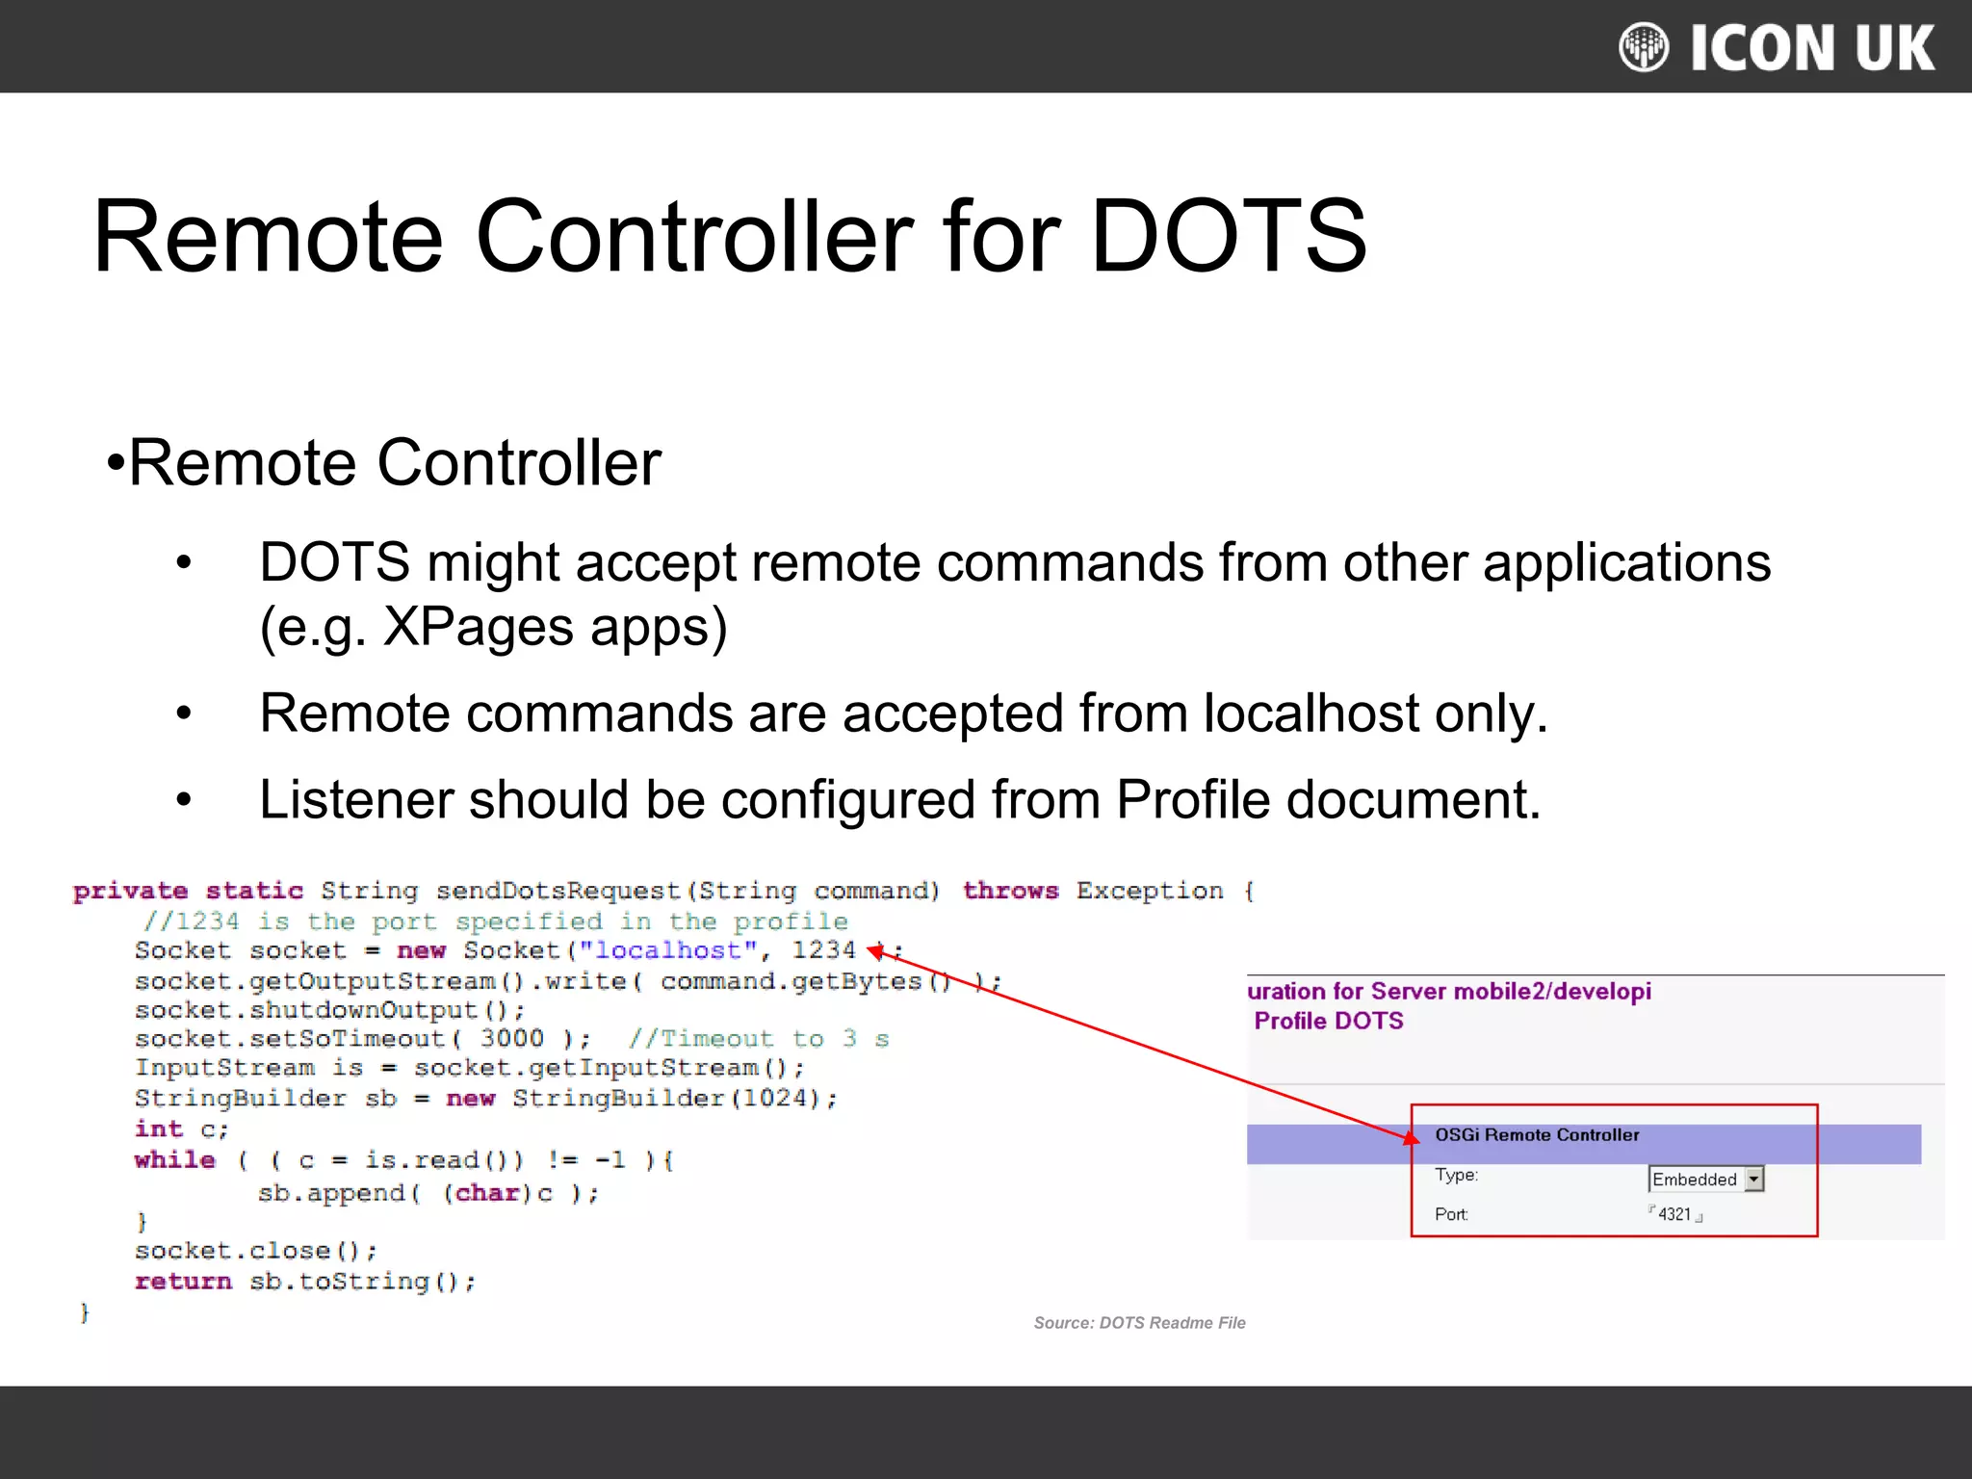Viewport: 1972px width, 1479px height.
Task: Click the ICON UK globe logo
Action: click(x=1644, y=47)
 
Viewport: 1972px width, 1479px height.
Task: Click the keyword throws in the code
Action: click(x=1010, y=891)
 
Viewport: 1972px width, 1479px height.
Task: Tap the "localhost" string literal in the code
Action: click(x=667, y=950)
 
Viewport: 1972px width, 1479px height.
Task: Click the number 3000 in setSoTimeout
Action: click(x=511, y=1038)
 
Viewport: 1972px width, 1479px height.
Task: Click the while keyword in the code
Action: click(x=175, y=1159)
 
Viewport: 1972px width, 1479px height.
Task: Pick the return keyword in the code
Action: click(x=183, y=1281)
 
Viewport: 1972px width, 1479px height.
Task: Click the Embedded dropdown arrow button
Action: click(x=1753, y=1179)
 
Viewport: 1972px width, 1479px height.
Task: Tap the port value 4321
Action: click(x=1674, y=1214)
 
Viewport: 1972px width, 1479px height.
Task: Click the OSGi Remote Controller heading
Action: click(x=1537, y=1134)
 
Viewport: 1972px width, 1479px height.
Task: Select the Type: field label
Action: click(x=1456, y=1175)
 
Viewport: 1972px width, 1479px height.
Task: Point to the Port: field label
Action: click(x=1451, y=1214)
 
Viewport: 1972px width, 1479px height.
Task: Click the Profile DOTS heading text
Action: click(x=1329, y=1021)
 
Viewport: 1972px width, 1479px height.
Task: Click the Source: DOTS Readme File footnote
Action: click(x=1139, y=1323)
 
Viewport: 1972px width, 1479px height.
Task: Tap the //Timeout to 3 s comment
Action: click(x=759, y=1038)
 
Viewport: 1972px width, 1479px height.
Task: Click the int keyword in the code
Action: click(x=159, y=1129)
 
